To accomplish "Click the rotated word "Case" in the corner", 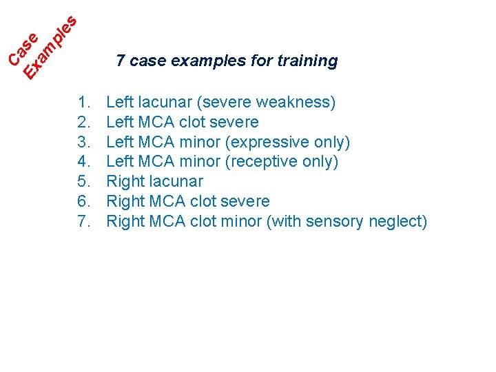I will (x=23, y=50).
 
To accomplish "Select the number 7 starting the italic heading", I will (x=121, y=61).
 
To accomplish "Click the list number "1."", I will (x=85, y=103).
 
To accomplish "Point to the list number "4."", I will (x=85, y=162).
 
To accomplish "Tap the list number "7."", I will (x=85, y=221).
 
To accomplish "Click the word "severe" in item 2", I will (x=236, y=123).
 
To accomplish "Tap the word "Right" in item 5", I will (x=124, y=182).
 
